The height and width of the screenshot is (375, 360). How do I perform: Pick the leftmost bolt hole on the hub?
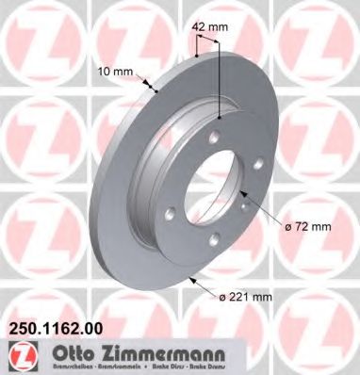176,200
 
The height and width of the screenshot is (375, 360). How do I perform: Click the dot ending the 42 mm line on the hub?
220,115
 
